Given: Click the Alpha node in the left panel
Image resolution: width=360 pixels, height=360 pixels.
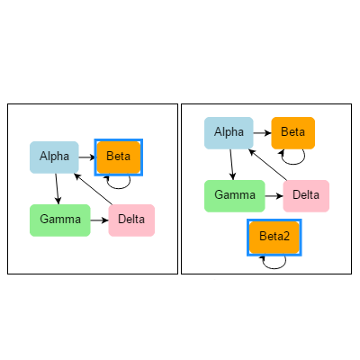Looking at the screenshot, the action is click(x=54, y=157).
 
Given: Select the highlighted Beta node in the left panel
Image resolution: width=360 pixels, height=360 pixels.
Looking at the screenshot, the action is click(x=119, y=157).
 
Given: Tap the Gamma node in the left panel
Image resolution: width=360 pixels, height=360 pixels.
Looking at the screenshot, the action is click(x=60, y=220).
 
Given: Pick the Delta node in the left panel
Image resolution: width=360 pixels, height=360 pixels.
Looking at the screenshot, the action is click(x=131, y=220).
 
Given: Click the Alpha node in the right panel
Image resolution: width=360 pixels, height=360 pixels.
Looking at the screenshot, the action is click(x=229, y=133).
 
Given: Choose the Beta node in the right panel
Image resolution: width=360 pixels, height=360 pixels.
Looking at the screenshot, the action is click(x=293, y=133).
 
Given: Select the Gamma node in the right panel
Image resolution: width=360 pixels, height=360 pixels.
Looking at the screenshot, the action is click(x=235, y=196).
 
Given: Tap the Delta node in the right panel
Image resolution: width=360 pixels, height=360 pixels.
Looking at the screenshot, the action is click(x=306, y=196).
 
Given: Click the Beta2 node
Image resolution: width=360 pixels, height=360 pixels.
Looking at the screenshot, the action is click(x=274, y=238).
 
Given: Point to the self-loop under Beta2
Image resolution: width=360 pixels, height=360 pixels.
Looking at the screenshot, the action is click(x=274, y=268).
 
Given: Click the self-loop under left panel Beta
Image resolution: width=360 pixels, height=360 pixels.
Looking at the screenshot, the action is click(x=119, y=188).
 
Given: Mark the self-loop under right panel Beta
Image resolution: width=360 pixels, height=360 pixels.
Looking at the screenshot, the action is click(x=293, y=164).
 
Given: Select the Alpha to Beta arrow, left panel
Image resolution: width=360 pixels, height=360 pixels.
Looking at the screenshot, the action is click(x=87, y=157).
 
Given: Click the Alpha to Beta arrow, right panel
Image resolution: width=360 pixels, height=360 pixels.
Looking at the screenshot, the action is click(x=263, y=133).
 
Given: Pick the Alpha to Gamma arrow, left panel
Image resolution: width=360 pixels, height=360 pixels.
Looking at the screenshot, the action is click(x=57, y=189).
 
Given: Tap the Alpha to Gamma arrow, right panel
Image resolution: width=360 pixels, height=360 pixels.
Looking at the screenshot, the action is click(x=231, y=165).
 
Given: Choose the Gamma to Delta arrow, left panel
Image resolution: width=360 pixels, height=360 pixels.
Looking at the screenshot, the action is click(x=99, y=220).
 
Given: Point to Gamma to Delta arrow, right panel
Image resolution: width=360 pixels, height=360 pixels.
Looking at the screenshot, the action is click(x=274, y=196).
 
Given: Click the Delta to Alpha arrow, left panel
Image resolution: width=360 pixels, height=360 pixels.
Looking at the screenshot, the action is click(x=94, y=189).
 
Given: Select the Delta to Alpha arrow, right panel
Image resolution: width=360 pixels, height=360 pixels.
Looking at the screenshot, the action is click(x=268, y=165).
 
